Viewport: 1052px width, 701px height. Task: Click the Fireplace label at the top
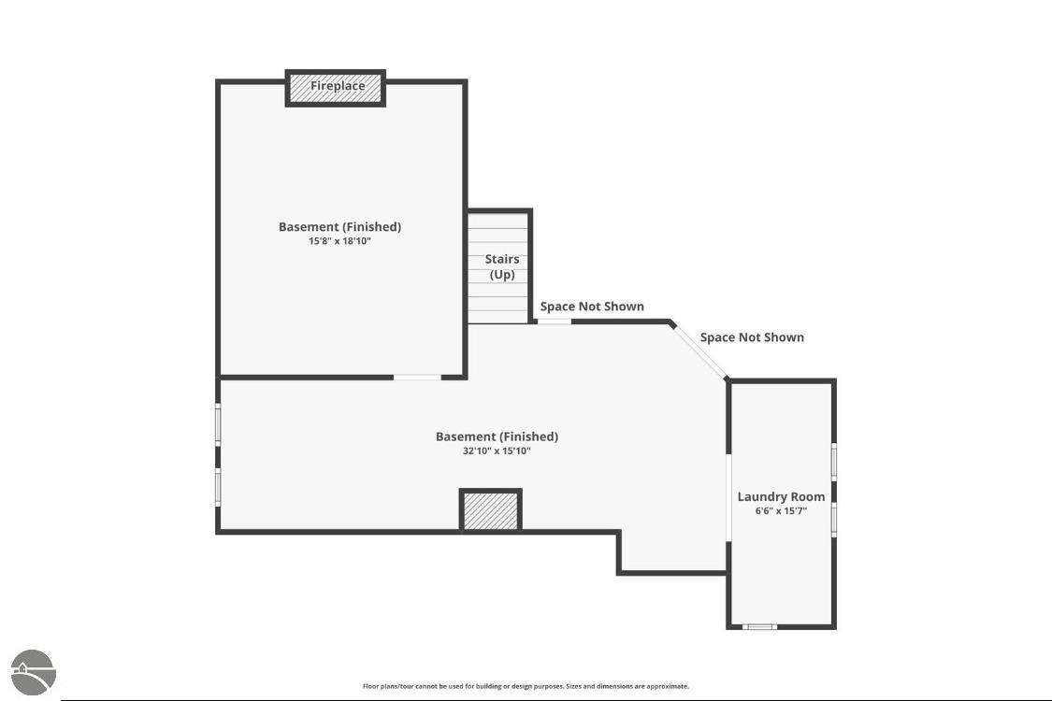338,86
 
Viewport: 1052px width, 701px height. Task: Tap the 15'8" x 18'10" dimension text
339,241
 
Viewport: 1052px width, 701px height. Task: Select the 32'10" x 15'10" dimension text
497,451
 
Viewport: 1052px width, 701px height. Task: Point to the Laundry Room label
781,496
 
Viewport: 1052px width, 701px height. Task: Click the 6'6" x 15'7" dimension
781,510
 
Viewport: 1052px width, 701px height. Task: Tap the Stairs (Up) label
502,266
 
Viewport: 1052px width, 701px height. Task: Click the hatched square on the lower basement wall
490,511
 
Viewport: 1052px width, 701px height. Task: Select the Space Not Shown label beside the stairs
592,306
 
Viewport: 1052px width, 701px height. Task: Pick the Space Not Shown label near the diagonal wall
752,336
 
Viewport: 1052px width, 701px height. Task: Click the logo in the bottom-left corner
33,672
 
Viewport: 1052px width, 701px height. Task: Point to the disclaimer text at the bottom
526,686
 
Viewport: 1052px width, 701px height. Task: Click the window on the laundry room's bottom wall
759,626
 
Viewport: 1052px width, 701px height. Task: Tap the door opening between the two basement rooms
417,377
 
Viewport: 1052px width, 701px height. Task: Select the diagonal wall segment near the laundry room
699,351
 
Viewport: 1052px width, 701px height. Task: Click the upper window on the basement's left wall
217,424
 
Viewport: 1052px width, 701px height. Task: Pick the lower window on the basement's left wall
217,487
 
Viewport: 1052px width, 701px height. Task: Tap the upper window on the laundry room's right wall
834,462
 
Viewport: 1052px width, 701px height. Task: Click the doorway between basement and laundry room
728,497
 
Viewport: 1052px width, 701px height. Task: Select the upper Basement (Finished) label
339,227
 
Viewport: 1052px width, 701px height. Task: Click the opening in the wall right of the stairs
555,322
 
